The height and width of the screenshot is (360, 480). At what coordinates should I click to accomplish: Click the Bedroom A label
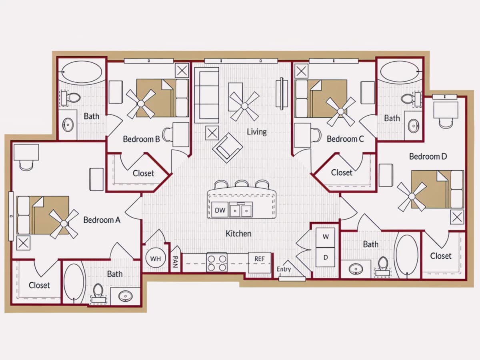[x=102, y=220]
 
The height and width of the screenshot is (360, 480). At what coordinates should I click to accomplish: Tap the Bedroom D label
[x=428, y=156]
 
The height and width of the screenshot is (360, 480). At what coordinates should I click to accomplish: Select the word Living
[x=257, y=132]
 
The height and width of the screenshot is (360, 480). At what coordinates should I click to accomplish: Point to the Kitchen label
[x=238, y=234]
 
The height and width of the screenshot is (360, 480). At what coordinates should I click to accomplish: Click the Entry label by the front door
[x=284, y=269]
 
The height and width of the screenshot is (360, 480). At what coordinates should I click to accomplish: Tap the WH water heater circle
[x=156, y=258]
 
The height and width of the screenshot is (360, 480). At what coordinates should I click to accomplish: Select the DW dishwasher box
[x=220, y=210]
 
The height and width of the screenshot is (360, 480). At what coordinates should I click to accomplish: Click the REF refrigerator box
[x=260, y=262]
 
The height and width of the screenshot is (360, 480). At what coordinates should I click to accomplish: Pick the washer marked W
[x=325, y=238]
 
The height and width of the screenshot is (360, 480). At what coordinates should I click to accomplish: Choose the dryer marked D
[x=325, y=257]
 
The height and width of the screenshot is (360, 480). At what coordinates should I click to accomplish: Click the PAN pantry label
[x=175, y=262]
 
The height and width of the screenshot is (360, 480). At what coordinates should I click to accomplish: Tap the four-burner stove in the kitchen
[x=217, y=262]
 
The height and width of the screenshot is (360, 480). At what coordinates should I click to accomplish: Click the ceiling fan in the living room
[x=244, y=106]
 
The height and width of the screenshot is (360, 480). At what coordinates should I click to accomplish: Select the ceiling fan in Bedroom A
[x=64, y=224]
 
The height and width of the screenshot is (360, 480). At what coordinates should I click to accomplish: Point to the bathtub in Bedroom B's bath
[x=82, y=72]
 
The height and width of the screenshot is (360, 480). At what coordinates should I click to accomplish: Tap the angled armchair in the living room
[x=228, y=148]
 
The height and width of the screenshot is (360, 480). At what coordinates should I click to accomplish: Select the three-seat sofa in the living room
[x=207, y=95]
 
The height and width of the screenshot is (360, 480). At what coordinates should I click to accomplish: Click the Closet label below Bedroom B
[x=143, y=173]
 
